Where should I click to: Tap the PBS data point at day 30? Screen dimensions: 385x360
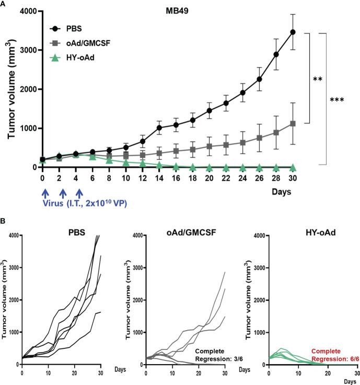pyautogui.click(x=293, y=32)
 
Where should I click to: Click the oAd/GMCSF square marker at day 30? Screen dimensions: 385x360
pyautogui.click(x=293, y=124)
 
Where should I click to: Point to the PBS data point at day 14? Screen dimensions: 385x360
pyautogui.click(x=159, y=127)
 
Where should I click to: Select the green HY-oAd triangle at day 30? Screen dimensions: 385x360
pyautogui.click(x=293, y=167)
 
